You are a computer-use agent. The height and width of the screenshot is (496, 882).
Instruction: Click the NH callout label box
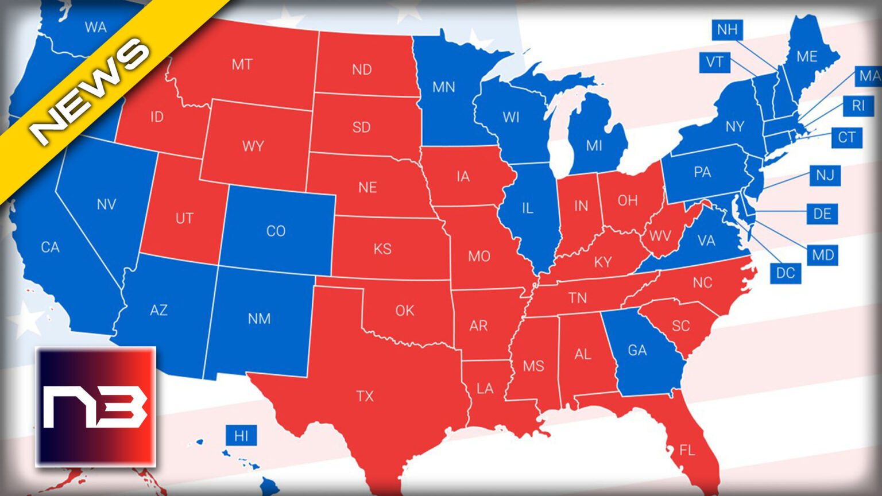pyautogui.click(x=727, y=29)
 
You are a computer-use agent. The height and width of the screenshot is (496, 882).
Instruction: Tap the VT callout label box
pyautogui.click(x=714, y=62)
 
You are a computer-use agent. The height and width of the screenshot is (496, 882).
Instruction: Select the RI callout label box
pyautogui.click(x=858, y=106)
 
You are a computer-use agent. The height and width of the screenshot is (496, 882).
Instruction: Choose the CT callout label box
pyautogui.click(x=846, y=137)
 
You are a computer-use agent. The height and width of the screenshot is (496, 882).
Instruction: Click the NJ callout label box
pyautogui.click(x=825, y=175)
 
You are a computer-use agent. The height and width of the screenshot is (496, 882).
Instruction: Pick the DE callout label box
pyautogui.click(x=822, y=214)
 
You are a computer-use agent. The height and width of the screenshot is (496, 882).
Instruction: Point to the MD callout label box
pyautogui.click(x=822, y=255)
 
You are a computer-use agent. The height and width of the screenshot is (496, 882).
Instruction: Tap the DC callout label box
pyautogui.click(x=785, y=273)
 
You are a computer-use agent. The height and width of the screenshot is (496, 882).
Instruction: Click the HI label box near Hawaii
pyautogui.click(x=241, y=436)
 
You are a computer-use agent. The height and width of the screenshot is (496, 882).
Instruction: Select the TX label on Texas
pyautogui.click(x=365, y=396)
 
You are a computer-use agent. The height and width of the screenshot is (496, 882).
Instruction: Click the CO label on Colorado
pyautogui.click(x=276, y=231)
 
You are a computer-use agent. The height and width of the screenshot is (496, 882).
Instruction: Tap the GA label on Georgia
pyautogui.click(x=637, y=350)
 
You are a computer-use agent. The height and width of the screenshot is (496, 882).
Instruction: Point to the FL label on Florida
pyautogui.click(x=687, y=450)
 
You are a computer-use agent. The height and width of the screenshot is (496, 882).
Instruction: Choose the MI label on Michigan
pyautogui.click(x=594, y=146)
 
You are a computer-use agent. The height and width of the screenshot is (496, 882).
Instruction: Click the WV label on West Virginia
pyautogui.click(x=660, y=235)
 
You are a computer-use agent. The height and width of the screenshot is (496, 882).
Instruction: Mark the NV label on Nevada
pyautogui.click(x=106, y=204)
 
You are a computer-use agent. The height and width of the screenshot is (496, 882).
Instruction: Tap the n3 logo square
pyautogui.click(x=96, y=406)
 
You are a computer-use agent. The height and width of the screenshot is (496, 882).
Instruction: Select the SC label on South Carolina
pyautogui.click(x=680, y=326)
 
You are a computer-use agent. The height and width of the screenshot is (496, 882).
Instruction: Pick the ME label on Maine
pyautogui.click(x=807, y=56)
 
